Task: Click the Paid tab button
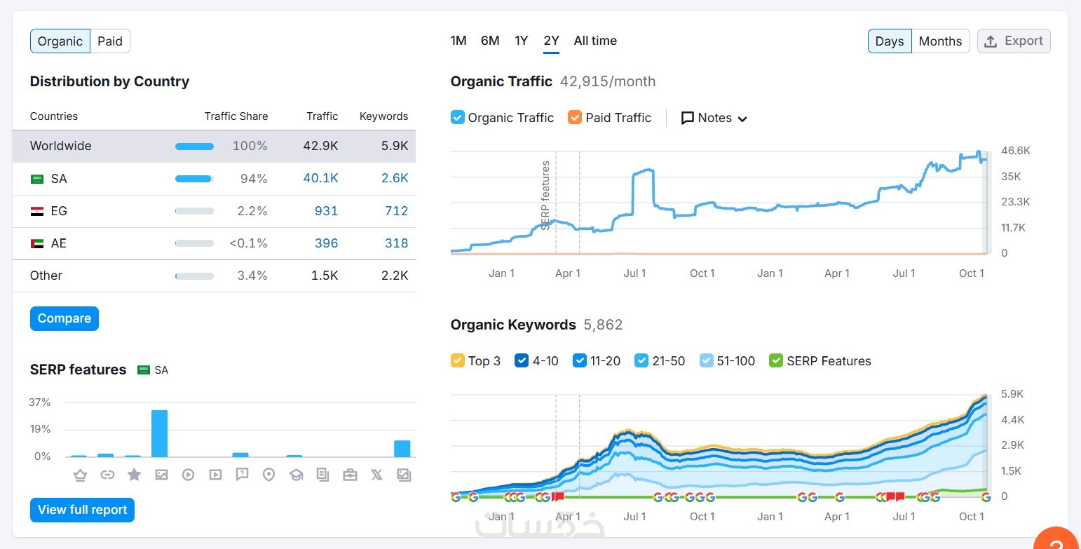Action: pyautogui.click(x=110, y=41)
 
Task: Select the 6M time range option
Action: pyautogui.click(x=490, y=41)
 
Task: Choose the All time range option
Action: pyautogui.click(x=595, y=41)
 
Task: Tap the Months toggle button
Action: pyautogui.click(x=940, y=41)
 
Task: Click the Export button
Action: pyautogui.click(x=1014, y=41)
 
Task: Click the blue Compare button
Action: pyautogui.click(x=64, y=318)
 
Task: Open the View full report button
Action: pyautogui.click(x=82, y=510)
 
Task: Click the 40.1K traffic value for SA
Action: pyautogui.click(x=320, y=179)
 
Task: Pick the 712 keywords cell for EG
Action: pyautogui.click(x=396, y=211)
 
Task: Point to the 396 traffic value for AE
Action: pyautogui.click(x=326, y=243)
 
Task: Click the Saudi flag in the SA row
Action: pyautogui.click(x=37, y=179)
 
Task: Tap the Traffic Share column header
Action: pyautogui.click(x=236, y=116)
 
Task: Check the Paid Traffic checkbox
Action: pyautogui.click(x=575, y=118)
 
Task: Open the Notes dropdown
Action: pyautogui.click(x=714, y=118)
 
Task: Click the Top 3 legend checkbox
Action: pyautogui.click(x=458, y=361)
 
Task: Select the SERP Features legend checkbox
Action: pyautogui.click(x=776, y=361)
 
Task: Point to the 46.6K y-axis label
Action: pyautogui.click(x=1016, y=151)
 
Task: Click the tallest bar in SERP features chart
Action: pyautogui.click(x=160, y=433)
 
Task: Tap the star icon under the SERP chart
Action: pyautogui.click(x=134, y=475)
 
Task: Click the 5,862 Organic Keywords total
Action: pyautogui.click(x=603, y=325)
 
